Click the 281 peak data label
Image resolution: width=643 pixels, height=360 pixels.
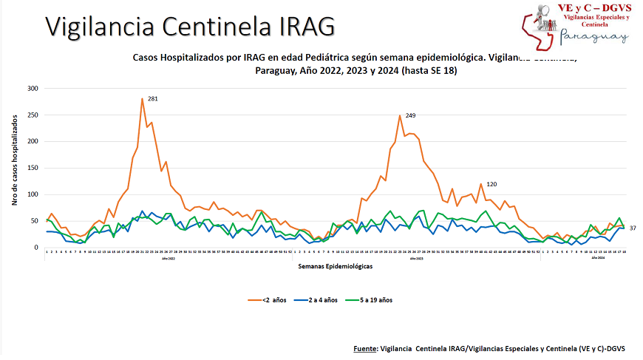point(153,99)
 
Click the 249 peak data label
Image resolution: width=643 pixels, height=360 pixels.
point(410,116)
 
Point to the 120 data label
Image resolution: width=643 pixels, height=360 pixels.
point(491,184)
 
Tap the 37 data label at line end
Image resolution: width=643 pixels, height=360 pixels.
point(633,228)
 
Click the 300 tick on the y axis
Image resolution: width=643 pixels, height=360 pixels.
point(33,89)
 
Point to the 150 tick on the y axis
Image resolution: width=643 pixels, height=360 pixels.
point(33,168)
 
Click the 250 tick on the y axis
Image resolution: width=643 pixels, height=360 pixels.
point(33,115)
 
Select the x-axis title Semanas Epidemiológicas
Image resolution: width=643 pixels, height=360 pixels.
point(335,265)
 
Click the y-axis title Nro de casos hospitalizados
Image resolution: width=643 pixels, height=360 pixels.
point(14,168)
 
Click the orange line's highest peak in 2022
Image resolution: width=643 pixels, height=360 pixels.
point(142,98)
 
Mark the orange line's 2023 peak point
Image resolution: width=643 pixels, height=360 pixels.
point(400,115)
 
